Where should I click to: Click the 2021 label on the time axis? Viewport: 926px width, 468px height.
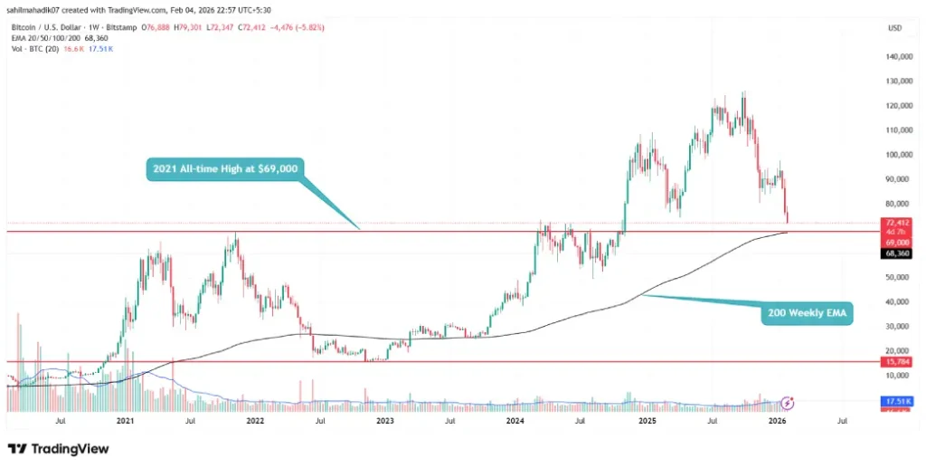(125, 420)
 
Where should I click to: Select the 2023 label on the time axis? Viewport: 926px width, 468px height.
(385, 420)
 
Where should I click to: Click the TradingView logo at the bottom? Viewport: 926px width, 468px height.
(58, 448)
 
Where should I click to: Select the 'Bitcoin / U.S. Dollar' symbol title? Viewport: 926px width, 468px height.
(45, 28)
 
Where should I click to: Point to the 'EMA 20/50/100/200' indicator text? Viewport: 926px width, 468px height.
(38, 38)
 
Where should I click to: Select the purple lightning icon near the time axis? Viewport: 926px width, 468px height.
(788, 402)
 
